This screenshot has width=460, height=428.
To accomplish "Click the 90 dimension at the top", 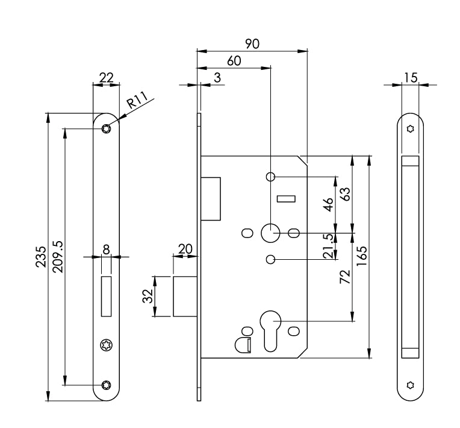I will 252,44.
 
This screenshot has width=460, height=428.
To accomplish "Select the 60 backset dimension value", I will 234,60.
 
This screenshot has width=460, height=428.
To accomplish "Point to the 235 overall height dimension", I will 40,257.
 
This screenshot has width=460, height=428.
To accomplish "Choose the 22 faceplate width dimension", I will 107,77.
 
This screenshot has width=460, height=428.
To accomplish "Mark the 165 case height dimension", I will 362,256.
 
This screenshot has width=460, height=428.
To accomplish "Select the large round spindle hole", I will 271,232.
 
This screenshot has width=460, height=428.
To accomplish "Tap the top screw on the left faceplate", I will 107,128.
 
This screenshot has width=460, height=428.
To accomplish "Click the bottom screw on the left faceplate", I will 107,386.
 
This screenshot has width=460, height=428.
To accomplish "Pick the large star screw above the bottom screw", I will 107,344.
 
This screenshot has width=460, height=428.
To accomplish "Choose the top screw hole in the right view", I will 411,129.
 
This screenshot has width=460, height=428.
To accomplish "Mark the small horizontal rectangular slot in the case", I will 285,199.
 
